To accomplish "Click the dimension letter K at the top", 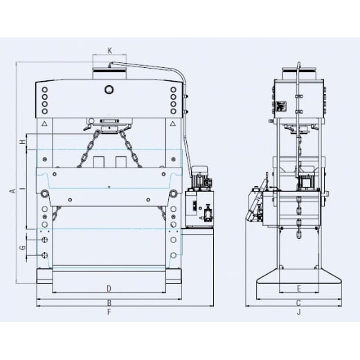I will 109,51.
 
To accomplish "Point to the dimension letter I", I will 22,188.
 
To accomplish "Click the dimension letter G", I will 22,247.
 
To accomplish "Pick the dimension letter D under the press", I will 109,287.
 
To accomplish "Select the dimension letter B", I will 109,303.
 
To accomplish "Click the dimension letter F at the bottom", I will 109,312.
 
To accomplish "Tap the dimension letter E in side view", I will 298,287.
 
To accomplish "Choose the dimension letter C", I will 298,303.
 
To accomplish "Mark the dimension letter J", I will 298,312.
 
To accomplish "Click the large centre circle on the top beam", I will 109,89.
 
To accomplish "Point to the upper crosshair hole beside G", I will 45,240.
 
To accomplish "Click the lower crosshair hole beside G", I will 45,255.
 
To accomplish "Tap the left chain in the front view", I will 89,147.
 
